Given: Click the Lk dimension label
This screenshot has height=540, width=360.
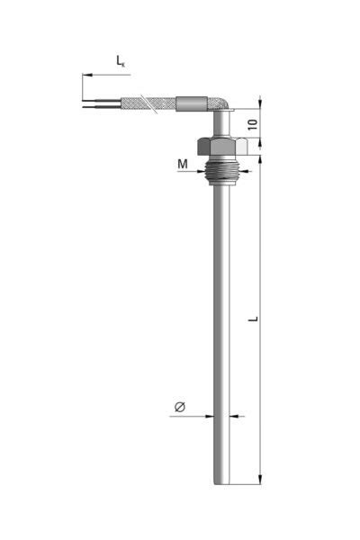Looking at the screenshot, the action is coord(121,61).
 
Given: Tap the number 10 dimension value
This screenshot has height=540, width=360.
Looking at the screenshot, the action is coord(253,124).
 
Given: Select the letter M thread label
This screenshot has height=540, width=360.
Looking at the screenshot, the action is coord(183,164).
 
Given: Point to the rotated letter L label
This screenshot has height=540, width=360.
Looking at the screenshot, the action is coord(253,319).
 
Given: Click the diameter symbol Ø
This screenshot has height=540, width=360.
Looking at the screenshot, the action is coord(180,407).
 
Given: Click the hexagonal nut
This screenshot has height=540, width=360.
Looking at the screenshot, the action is coord(222,146).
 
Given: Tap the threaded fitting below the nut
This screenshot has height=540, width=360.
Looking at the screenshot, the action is coord(221,170).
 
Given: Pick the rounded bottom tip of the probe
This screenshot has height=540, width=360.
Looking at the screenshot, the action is coord(221,482).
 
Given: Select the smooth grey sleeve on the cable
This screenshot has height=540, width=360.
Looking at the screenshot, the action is coord(192,103).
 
